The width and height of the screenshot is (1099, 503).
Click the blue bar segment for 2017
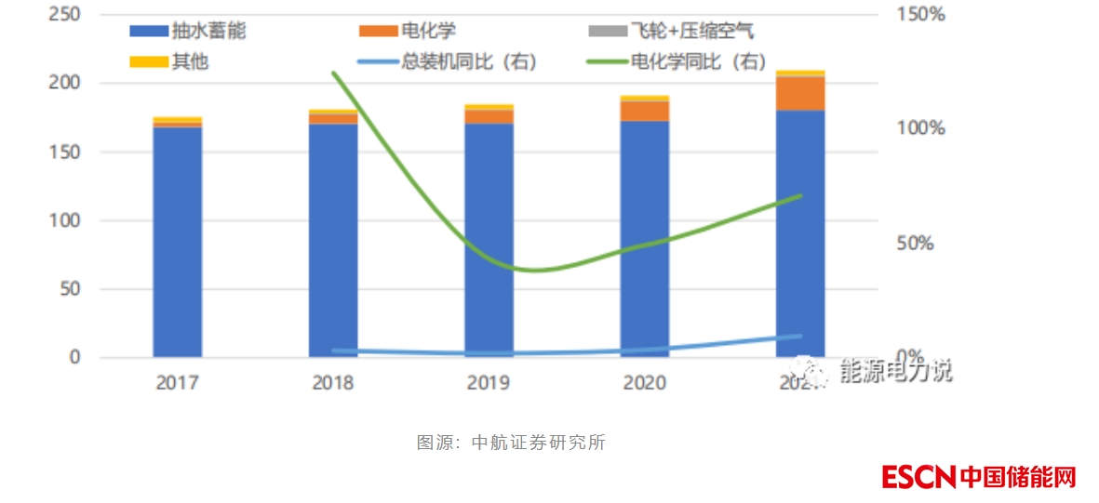tap(177, 242)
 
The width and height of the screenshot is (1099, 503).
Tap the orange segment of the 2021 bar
tap(800, 93)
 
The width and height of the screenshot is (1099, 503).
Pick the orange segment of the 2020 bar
tap(645, 110)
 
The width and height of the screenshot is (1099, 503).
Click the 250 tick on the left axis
tap(66, 14)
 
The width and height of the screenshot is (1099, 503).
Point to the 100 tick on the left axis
tap(66, 220)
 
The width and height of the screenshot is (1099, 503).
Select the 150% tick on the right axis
tap(921, 14)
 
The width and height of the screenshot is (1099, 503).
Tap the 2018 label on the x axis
tap(333, 383)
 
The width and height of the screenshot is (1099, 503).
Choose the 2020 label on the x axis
tap(645, 383)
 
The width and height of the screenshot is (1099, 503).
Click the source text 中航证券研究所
tap(539, 443)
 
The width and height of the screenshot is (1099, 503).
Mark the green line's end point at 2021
tap(800, 196)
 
